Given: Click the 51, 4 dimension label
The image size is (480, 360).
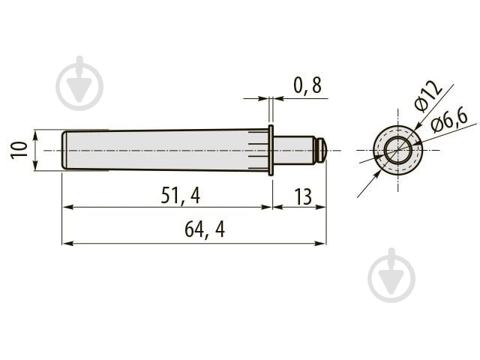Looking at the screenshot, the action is [x=181, y=196].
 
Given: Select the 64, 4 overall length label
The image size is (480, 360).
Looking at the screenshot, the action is [x=205, y=229].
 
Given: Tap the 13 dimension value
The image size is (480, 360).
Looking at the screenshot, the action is [x=303, y=196].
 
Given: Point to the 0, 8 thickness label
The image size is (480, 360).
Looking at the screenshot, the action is [x=307, y=85].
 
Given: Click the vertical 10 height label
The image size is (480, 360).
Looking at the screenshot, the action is [x=19, y=150].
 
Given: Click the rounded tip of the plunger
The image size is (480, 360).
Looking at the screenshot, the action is [x=322, y=150].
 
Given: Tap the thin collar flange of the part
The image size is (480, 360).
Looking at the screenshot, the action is [x=271, y=150].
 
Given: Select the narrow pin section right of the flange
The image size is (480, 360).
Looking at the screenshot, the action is [x=294, y=150].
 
